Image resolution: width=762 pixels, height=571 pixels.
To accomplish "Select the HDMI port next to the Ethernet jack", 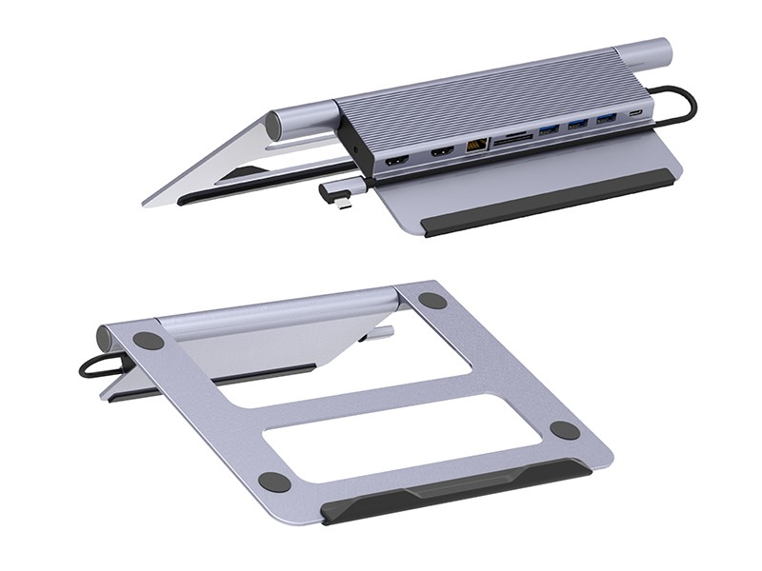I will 441,152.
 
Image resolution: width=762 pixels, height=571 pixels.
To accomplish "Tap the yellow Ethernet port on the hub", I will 475,146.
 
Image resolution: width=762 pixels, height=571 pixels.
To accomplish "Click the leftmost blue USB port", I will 549,130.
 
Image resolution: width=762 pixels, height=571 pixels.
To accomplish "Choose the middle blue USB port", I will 577,125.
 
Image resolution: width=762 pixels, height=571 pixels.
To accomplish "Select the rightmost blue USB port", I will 607,119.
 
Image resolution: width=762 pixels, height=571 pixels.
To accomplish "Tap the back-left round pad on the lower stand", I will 148,340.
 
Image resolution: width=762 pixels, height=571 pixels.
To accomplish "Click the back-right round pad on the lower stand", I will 432,301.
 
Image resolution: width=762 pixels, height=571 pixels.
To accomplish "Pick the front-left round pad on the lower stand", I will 274,482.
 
